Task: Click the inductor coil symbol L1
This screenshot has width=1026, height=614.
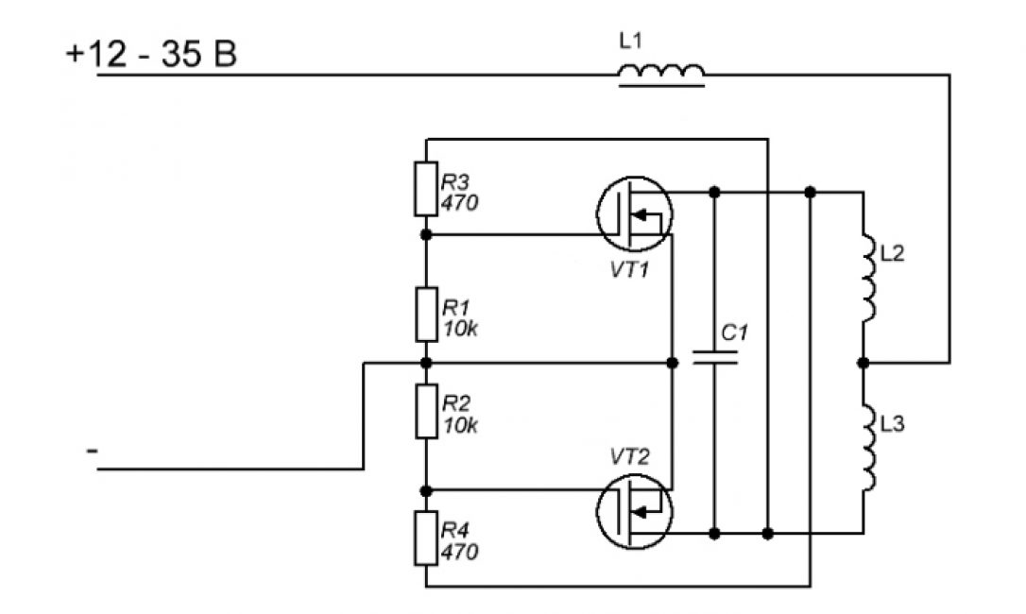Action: click(x=661, y=74)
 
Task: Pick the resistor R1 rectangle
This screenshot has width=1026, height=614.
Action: click(x=426, y=315)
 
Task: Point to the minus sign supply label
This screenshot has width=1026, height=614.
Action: click(x=92, y=452)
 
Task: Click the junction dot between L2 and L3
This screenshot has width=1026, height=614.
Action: click(x=863, y=362)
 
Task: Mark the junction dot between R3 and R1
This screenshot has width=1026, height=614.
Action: click(x=426, y=233)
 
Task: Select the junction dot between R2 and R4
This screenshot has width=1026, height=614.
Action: click(x=426, y=489)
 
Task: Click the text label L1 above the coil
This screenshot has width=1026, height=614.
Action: click(x=628, y=41)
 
